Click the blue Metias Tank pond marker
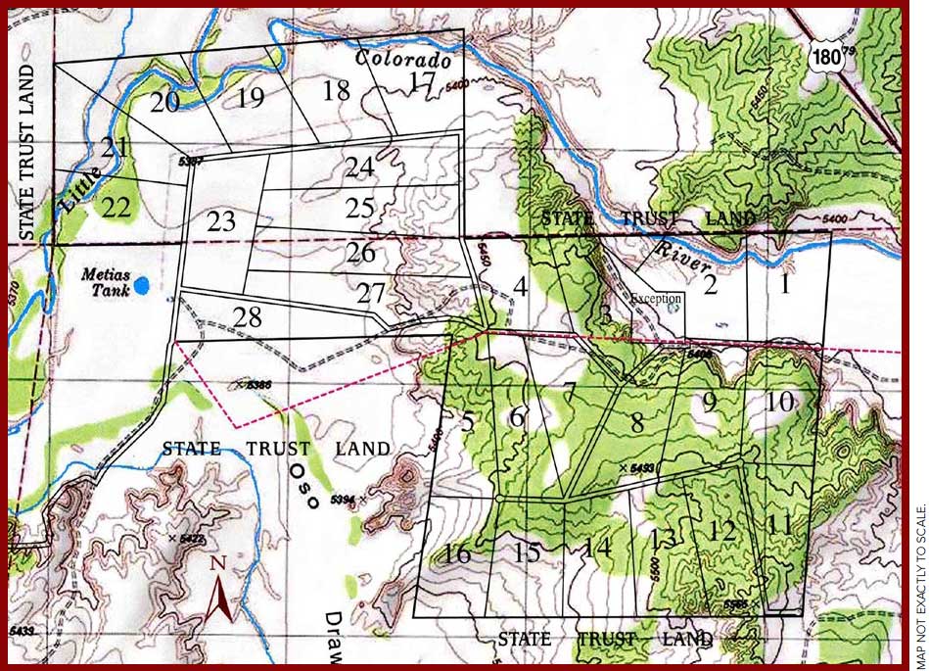[x=143, y=286]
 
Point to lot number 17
[x=422, y=82]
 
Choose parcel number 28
[x=248, y=317]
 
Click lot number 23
[x=221, y=221]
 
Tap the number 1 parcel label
[x=784, y=284]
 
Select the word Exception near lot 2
[x=656, y=299]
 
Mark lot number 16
[x=455, y=553]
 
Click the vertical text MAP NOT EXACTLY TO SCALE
[x=918, y=586]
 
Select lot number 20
[x=164, y=101]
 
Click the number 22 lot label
[x=116, y=207]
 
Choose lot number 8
[x=637, y=423]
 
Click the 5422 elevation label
[x=189, y=539]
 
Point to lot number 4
[x=521, y=287]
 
